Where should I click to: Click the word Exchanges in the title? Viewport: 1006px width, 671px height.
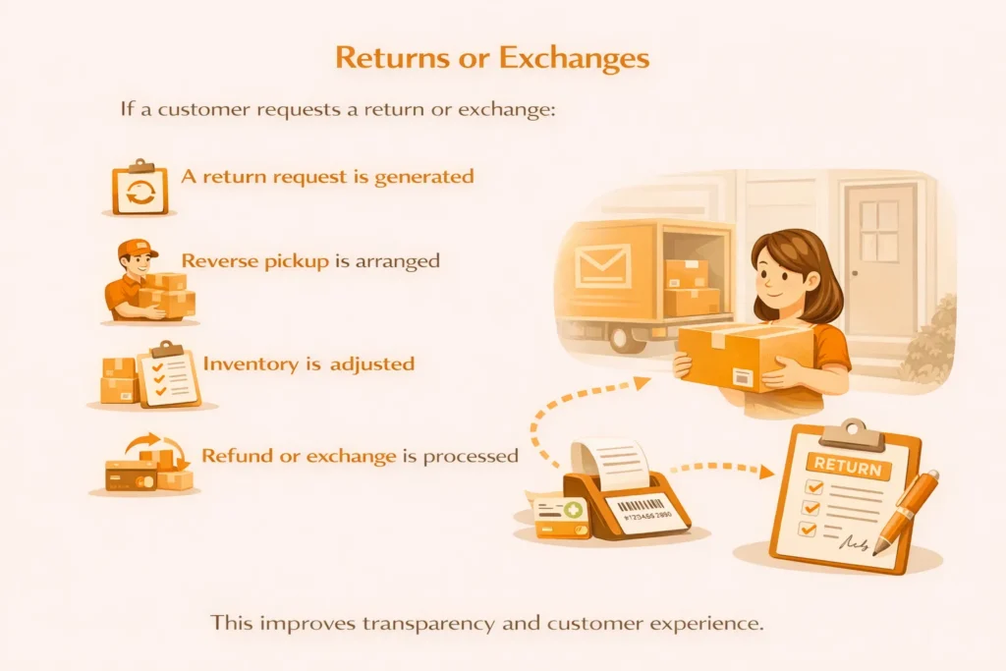(574, 58)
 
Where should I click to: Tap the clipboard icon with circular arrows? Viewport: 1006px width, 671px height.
(140, 187)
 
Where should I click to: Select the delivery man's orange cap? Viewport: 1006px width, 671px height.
(137, 248)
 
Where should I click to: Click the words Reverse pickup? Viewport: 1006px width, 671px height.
(254, 261)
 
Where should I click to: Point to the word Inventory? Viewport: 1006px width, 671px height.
(251, 363)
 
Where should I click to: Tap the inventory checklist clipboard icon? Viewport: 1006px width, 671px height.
(169, 374)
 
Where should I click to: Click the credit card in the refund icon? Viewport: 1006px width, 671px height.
(131, 476)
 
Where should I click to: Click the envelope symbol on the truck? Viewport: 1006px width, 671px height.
(602, 265)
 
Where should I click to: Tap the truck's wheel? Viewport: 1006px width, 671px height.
(627, 336)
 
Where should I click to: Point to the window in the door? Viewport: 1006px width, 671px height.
(879, 230)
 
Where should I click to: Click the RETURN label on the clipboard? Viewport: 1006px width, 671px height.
(848, 466)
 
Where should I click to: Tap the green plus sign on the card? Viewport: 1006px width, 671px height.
(573, 510)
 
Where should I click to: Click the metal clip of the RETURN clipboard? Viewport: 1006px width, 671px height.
(853, 434)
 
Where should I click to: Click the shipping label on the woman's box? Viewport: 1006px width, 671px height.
(744, 377)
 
